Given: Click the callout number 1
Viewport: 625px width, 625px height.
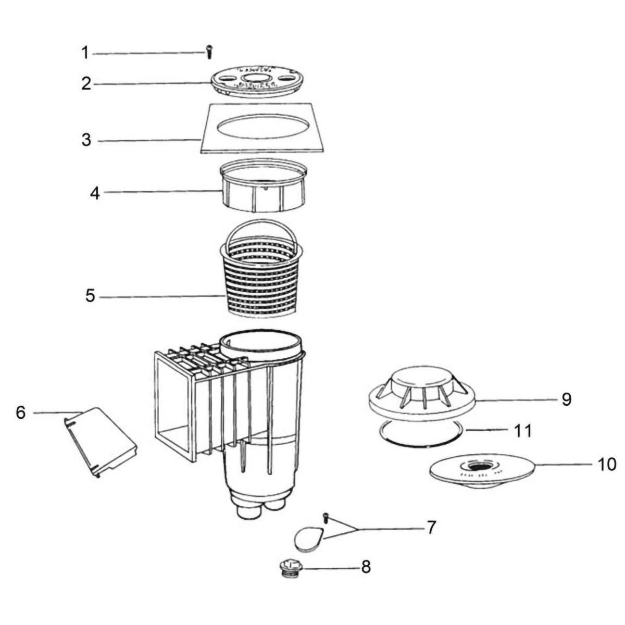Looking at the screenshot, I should [x=85, y=53].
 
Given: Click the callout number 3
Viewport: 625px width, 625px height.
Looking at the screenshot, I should [x=86, y=140].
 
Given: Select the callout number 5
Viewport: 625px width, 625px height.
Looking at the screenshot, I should [x=90, y=297].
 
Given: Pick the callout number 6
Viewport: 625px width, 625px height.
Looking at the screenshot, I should [x=20, y=412].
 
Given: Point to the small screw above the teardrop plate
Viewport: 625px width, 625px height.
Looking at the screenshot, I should [x=326, y=517].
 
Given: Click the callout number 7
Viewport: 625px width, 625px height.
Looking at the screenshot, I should [x=431, y=528].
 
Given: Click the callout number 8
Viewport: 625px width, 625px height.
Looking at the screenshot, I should [x=366, y=567].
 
